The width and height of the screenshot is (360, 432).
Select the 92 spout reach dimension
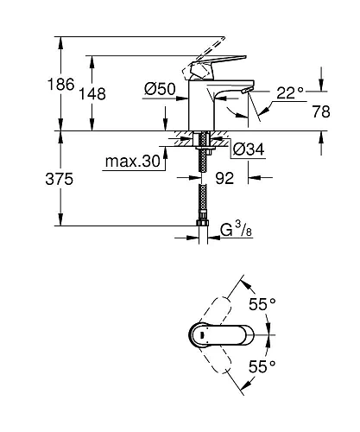click(226, 180)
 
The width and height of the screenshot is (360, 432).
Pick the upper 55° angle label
click(262, 303)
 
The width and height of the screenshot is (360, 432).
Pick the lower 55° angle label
click(262, 366)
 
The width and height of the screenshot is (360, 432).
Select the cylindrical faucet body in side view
click(201, 108)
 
